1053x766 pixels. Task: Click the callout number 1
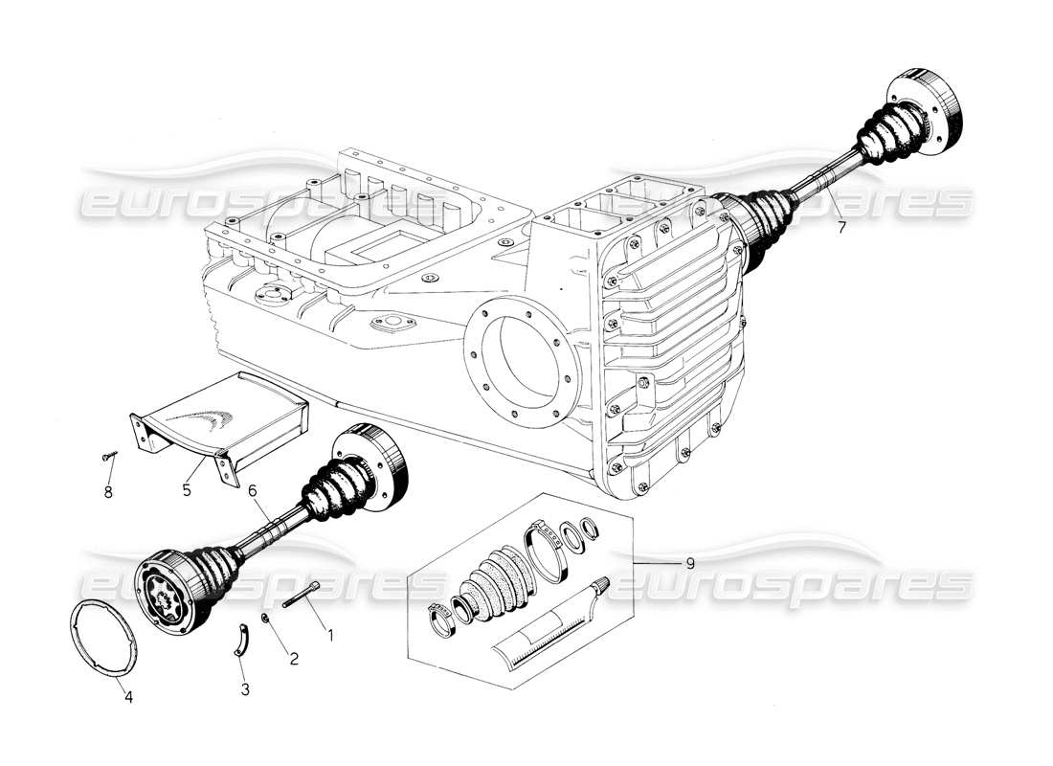[330, 634]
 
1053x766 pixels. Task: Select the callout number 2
[294, 658]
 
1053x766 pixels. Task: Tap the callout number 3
[245, 689]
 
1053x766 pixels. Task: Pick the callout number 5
[187, 488]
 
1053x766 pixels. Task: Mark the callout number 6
[253, 489]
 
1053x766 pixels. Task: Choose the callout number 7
[841, 228]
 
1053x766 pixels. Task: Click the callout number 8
[108, 492]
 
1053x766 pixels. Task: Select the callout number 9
[689, 563]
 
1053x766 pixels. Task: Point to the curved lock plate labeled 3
[243, 639]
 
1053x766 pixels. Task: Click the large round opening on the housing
[522, 364]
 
